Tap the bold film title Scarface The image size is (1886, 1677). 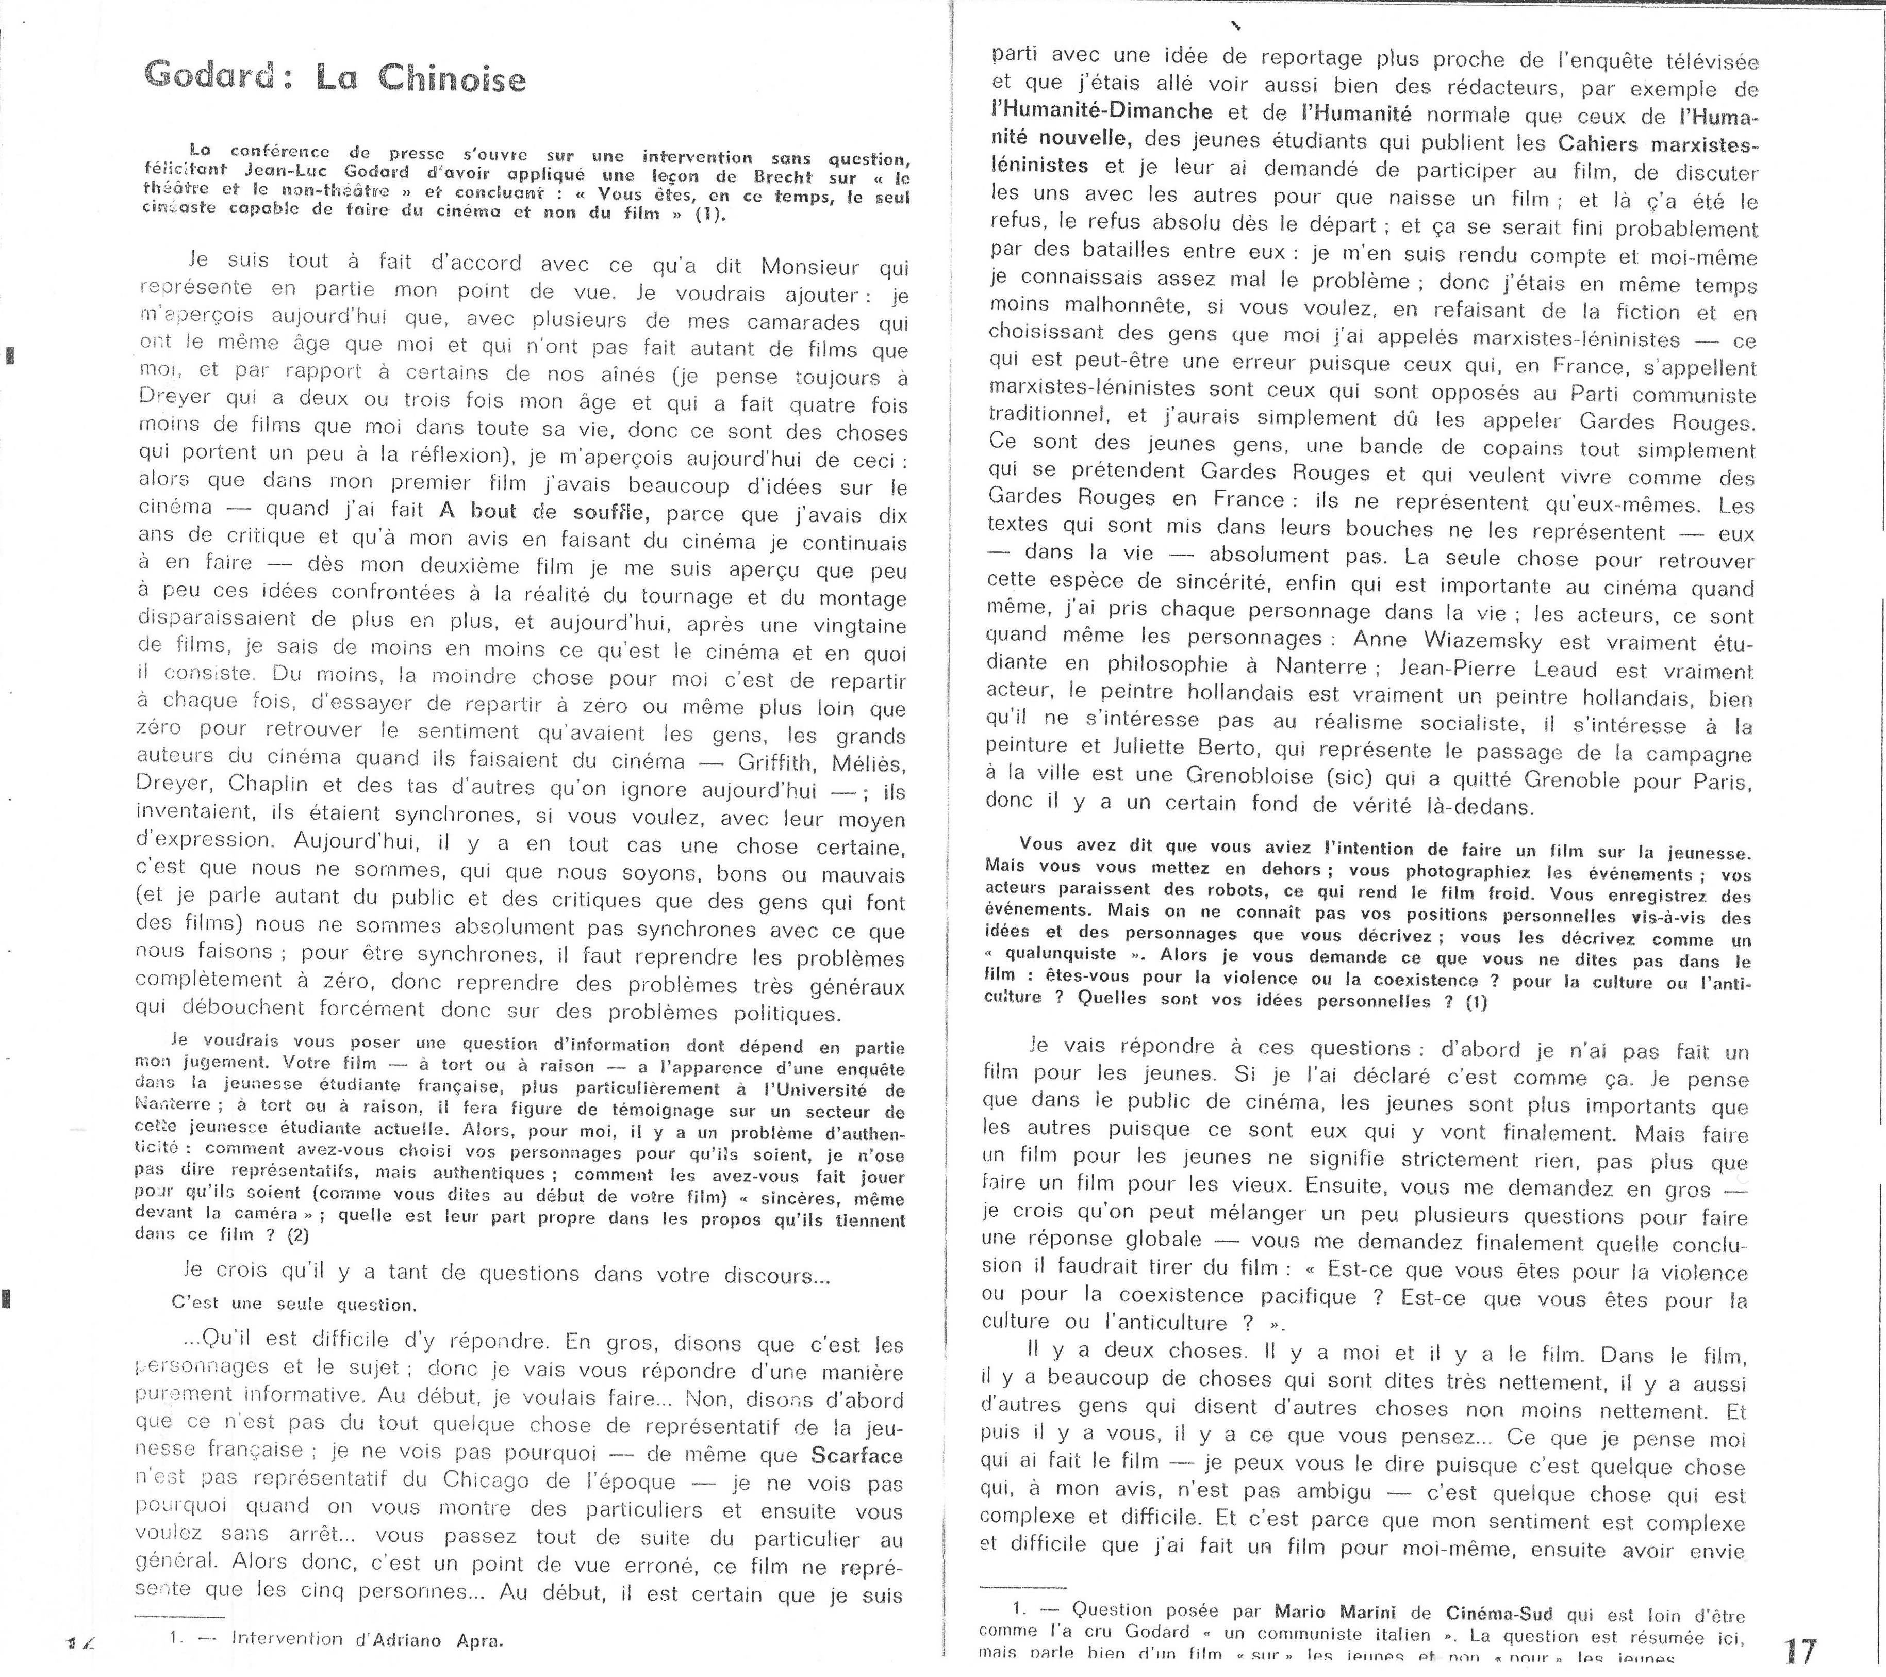point(856,1456)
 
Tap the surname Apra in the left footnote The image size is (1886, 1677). point(480,1639)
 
